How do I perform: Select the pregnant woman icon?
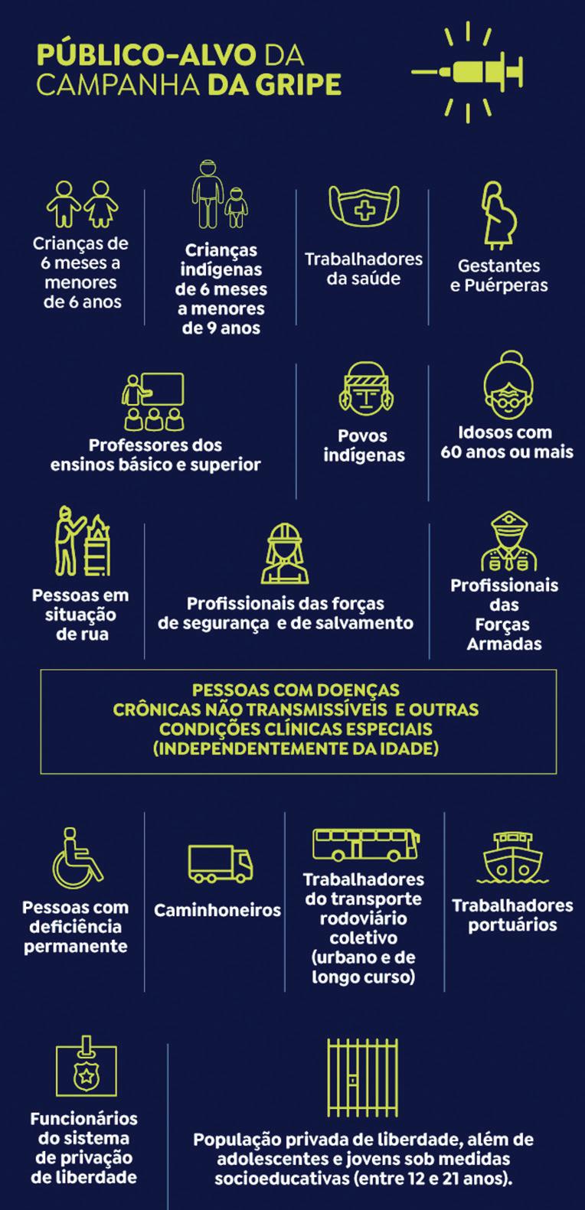point(497,216)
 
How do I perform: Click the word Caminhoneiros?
point(217,911)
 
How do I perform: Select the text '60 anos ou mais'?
point(507,452)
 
